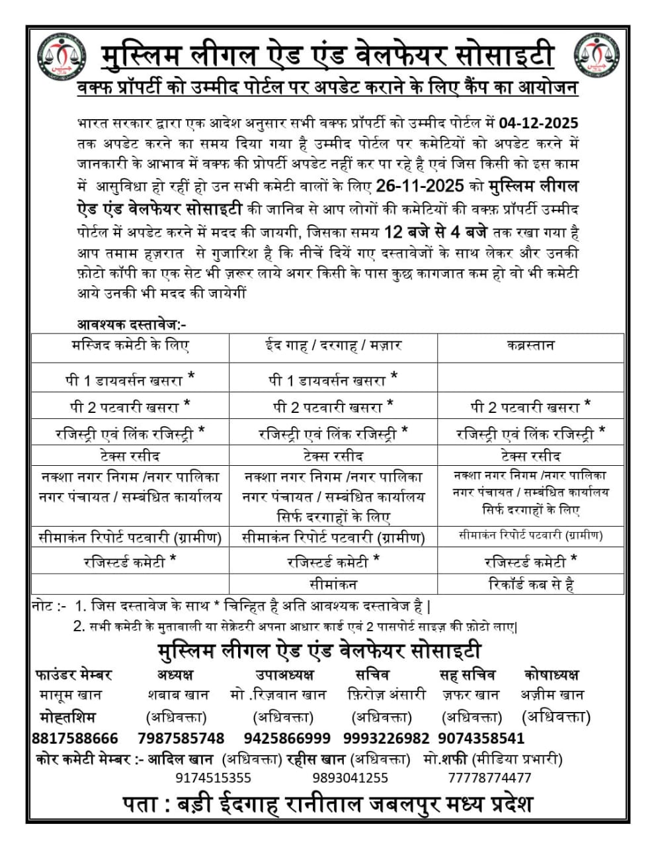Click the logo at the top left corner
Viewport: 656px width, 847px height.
[61, 56]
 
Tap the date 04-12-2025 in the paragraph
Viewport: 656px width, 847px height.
[538, 123]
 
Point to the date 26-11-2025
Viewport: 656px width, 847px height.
[420, 186]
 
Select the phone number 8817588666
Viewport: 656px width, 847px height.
[75, 738]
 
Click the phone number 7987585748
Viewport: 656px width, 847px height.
[181, 738]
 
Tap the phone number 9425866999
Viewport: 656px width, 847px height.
[287, 738]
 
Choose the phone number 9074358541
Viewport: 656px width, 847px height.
[481, 738]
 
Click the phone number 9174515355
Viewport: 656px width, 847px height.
[213, 778]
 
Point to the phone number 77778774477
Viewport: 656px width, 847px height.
[489, 778]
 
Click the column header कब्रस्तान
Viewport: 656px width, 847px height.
[530, 345]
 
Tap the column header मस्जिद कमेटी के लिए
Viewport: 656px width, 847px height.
[130, 345]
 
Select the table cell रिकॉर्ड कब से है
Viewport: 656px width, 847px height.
[530, 584]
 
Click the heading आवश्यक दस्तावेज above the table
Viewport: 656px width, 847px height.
[132, 325]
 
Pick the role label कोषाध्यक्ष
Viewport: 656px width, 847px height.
[551, 674]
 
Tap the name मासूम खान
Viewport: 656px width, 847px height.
[70, 695]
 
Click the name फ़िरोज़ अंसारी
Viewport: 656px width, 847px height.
[386, 695]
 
